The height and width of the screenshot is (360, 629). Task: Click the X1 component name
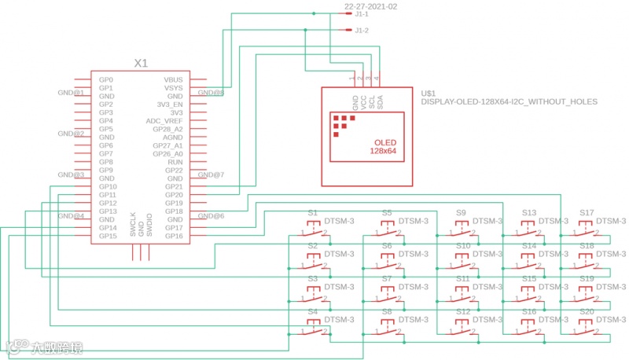141,63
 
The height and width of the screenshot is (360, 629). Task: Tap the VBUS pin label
173,80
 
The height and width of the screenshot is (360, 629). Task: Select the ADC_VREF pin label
164,121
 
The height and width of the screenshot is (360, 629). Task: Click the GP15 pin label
107,236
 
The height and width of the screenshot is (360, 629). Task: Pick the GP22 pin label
174,171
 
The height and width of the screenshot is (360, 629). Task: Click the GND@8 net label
211,93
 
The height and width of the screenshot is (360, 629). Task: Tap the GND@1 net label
71,93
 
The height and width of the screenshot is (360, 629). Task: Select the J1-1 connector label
362,14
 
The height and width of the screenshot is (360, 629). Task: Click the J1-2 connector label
362,31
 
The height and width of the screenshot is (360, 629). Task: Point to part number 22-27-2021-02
371,6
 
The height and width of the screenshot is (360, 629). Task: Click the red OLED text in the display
384,142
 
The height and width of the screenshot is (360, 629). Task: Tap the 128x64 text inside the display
383,150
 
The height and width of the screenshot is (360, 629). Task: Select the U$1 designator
429,93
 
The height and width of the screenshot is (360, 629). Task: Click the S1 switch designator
312,213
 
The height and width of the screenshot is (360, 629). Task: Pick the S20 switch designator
587,312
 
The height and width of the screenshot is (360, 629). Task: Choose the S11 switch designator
462,279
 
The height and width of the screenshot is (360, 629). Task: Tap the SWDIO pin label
149,225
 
